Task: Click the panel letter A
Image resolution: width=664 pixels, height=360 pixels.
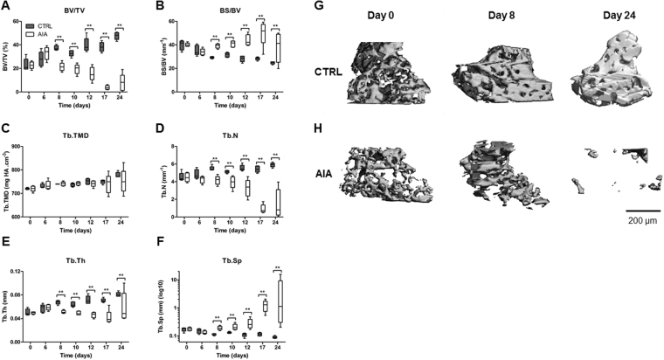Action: pos(5,6)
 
